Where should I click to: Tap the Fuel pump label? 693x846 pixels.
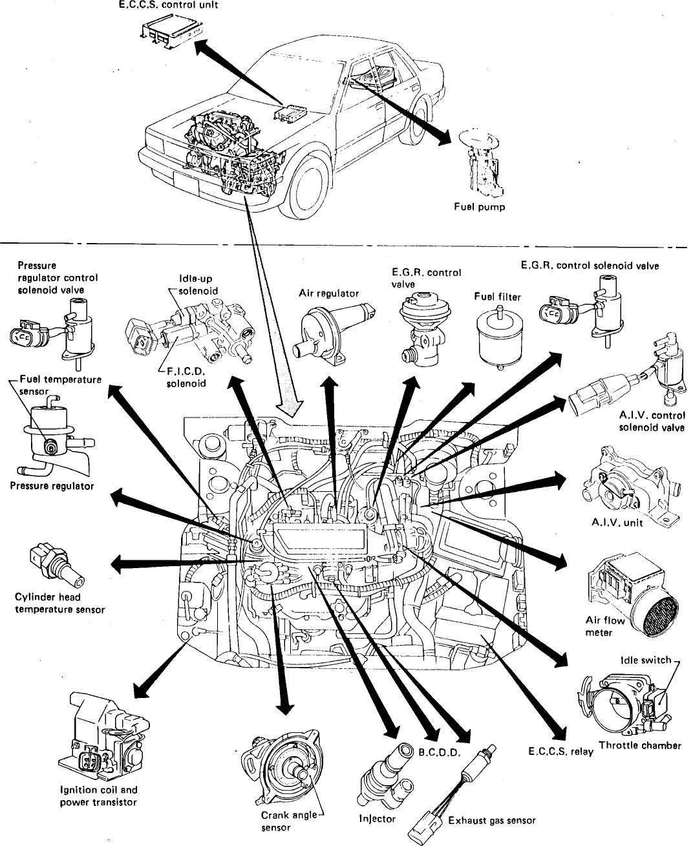480,207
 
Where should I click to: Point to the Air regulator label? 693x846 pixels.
328,293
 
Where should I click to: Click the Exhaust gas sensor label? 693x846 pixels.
492,821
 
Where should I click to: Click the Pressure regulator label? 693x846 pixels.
52,486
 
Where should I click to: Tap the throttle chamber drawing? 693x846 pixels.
624,704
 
